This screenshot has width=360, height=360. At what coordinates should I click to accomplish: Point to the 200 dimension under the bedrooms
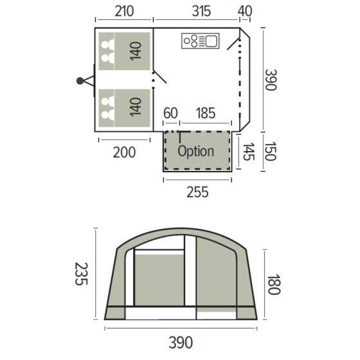[x=124, y=152]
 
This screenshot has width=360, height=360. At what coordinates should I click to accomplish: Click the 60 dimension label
[x=170, y=114]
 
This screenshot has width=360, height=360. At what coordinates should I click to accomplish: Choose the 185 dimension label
[x=205, y=114]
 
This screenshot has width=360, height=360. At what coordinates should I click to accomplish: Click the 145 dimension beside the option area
[x=248, y=152]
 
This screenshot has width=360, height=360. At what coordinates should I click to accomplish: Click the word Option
[x=195, y=152]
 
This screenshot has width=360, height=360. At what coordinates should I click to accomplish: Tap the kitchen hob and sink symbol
[x=201, y=42]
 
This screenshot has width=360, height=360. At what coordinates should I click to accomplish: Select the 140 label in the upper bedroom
[x=136, y=50]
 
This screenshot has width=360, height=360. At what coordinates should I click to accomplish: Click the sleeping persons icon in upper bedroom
[x=106, y=50]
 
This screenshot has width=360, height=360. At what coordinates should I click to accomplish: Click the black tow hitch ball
[x=80, y=81]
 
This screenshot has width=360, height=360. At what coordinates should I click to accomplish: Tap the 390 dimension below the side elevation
[x=179, y=343]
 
